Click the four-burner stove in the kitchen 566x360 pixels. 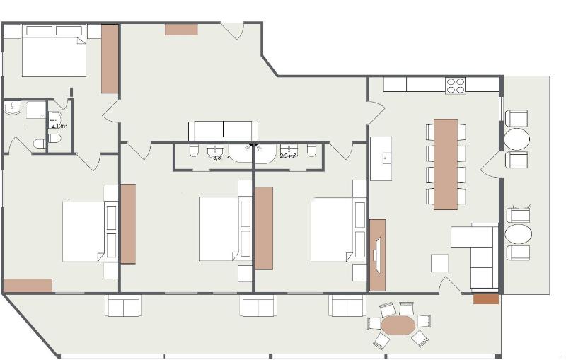456,86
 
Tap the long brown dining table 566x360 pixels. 446,164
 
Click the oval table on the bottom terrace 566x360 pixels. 398,325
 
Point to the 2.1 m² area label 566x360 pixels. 59,126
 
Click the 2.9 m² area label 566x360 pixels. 288,155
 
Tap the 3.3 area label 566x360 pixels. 216,158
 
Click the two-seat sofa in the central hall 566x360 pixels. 223,131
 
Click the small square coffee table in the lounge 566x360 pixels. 440,262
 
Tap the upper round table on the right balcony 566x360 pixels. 516,139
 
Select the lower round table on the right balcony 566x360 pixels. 519,234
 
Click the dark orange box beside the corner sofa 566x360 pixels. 486,299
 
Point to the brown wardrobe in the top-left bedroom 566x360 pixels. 109,59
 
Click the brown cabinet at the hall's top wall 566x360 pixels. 182,29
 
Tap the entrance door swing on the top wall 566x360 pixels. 234,31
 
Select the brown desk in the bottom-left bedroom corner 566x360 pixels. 28,285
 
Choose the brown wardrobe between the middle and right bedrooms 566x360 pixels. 264,228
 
